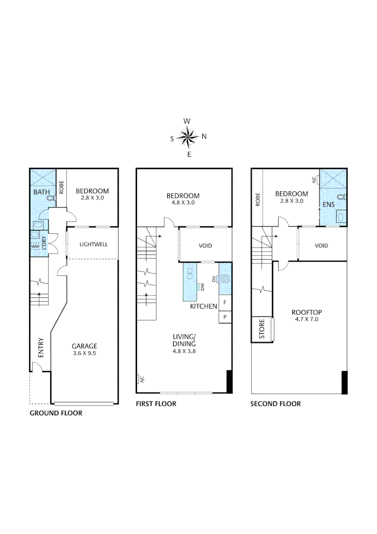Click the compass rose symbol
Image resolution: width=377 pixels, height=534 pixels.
pyautogui.click(x=188, y=137)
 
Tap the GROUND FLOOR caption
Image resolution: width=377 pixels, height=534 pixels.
pyautogui.click(x=56, y=413)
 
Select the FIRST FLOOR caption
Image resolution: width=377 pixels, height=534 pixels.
pyautogui.click(x=156, y=404)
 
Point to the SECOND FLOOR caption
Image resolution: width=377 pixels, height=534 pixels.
pyautogui.click(x=275, y=404)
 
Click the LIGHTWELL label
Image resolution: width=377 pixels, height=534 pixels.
pyautogui.click(x=93, y=244)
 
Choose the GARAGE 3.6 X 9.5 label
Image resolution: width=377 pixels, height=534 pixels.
pyautogui.click(x=84, y=350)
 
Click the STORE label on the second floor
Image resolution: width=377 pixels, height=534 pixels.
pyautogui.click(x=262, y=330)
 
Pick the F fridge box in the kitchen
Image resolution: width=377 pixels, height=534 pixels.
pyautogui.click(x=225, y=302)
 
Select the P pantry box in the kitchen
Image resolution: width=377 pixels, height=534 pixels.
pyautogui.click(x=225, y=316)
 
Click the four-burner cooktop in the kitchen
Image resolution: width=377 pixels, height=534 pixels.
pyautogui.click(x=225, y=278)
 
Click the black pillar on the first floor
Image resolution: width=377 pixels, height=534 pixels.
pyautogui.click(x=229, y=382)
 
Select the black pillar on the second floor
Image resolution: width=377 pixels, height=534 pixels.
pyautogui.click(x=344, y=382)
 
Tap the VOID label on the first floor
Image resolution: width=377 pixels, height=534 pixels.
pyautogui.click(x=205, y=246)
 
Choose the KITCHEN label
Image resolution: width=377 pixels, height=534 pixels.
pyautogui.click(x=204, y=307)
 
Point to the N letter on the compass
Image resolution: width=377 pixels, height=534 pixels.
pyautogui.click(x=204, y=137)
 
